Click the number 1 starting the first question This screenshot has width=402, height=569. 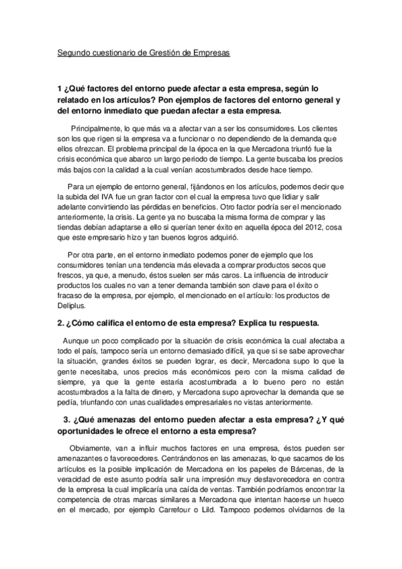(59, 88)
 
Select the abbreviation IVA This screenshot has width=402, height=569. (108, 198)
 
